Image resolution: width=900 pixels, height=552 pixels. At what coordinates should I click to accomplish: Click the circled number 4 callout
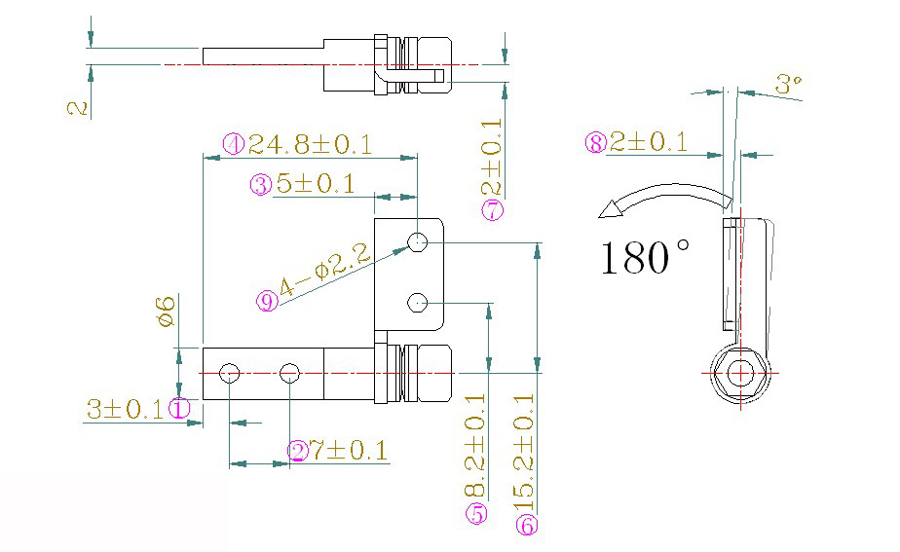233,144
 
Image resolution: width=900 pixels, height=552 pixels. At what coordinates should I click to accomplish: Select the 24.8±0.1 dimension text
309,145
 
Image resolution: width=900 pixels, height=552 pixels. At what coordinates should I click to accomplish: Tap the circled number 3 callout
260,184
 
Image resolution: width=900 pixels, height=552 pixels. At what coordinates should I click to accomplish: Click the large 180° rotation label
644,258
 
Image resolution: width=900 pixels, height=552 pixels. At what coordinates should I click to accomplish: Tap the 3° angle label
788,85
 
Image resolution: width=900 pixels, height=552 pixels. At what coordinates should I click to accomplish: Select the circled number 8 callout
596,143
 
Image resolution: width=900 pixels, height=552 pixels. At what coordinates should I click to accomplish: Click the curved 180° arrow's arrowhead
614,207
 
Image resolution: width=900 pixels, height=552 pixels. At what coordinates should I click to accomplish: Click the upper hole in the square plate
418,242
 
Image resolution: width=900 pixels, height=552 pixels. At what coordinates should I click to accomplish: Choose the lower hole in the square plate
418,302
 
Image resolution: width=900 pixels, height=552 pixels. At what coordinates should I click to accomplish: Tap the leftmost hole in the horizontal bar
230,372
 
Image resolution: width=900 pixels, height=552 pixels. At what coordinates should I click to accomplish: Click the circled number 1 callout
180,409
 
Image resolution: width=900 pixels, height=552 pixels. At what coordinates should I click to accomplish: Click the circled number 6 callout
527,526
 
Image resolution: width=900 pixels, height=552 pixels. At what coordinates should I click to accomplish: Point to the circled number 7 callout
493,209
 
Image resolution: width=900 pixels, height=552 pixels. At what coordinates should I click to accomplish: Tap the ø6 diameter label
166,313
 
